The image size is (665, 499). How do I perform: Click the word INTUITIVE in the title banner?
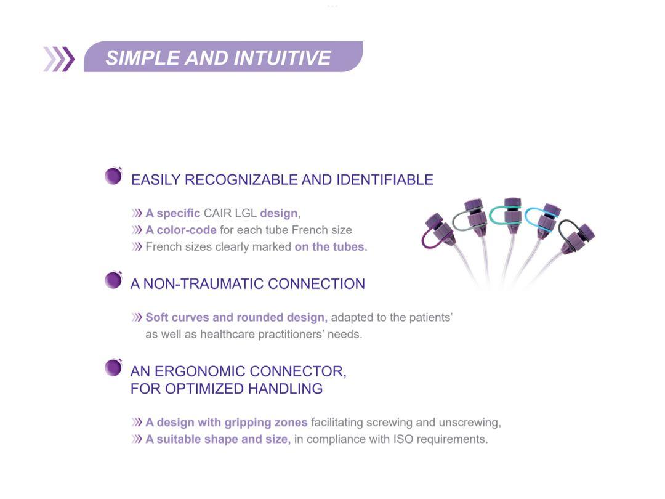coord(282,58)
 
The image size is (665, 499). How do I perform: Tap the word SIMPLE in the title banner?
coord(142,58)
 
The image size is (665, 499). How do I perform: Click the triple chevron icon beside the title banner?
coord(59,59)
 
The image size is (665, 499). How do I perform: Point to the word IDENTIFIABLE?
coord(385,179)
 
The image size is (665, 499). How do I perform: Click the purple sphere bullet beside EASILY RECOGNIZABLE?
coord(113,176)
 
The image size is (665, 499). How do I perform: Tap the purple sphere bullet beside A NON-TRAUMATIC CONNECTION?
coord(113,280)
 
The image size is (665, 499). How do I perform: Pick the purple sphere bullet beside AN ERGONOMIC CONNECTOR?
coord(113,367)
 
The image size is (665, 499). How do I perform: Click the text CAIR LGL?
coord(230,213)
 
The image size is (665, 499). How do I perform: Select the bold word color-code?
coord(187,230)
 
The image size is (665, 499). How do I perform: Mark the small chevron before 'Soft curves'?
coord(137,317)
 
